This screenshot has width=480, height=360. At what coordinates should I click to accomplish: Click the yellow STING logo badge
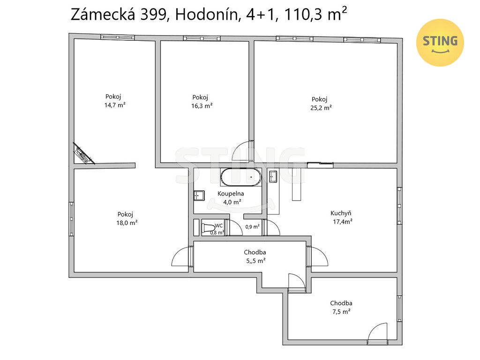(x=440, y=43)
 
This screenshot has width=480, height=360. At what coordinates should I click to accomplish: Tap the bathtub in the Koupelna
(x=241, y=177)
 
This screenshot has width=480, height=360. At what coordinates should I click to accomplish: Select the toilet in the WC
(x=208, y=228)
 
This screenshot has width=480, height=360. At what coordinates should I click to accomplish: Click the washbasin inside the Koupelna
(x=199, y=195)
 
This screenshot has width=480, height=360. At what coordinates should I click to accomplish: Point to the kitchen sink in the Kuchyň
(x=273, y=176)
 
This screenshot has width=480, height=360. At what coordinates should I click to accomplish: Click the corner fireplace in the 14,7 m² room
(x=82, y=154)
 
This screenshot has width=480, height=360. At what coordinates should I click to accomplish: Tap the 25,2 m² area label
(x=321, y=108)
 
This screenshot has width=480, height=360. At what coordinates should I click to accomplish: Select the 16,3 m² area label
(x=202, y=106)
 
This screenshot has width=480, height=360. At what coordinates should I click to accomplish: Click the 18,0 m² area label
(x=127, y=223)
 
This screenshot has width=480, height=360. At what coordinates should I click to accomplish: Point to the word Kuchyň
(x=341, y=213)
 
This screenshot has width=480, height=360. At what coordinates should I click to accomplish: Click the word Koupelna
(x=231, y=194)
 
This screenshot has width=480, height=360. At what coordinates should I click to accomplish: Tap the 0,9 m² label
(x=253, y=227)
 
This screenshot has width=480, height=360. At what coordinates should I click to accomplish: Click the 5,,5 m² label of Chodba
(x=256, y=261)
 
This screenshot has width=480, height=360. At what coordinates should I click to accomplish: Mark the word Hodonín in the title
(x=207, y=15)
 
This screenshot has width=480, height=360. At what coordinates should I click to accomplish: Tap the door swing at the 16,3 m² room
(x=242, y=151)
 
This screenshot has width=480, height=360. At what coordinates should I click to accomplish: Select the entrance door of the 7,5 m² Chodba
(x=378, y=333)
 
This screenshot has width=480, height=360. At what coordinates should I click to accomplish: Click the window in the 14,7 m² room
(x=118, y=37)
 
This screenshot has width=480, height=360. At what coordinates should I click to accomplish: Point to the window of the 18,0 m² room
(x=71, y=219)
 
